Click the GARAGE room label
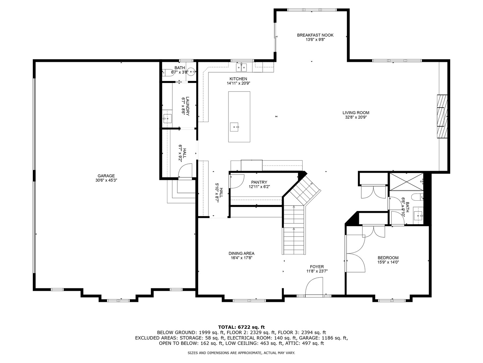click(106, 176)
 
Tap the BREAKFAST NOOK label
click(315, 35)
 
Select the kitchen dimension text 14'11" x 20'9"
click(238, 83)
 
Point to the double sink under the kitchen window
click(241, 67)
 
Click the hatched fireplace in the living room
click(442, 116)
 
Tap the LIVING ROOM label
click(356, 113)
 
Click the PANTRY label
click(259, 182)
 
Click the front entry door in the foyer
click(314, 286)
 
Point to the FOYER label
click(317, 267)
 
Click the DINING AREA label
click(241, 253)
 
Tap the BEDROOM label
click(388, 258)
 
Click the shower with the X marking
click(406, 182)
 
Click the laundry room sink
click(167, 119)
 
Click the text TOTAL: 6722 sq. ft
click(241, 327)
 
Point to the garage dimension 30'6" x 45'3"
click(106, 180)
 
